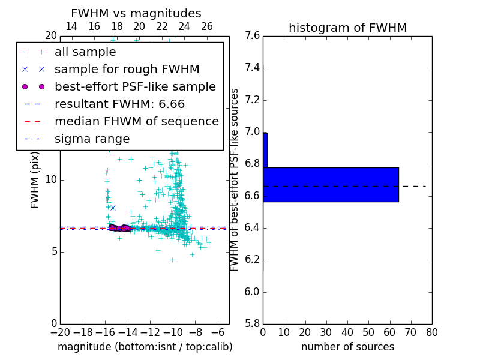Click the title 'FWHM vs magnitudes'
[136, 13]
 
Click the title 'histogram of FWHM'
[347, 28]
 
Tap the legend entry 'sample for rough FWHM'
[127, 70]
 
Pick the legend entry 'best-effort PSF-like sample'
[135, 87]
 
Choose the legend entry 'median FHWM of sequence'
[136, 122]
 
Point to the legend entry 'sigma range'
[92, 139]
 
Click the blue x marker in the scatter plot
[113, 208]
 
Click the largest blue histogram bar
[331, 185]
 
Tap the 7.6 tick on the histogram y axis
[252, 36]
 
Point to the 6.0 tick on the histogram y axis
[252, 292]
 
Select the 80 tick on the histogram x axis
[431, 332]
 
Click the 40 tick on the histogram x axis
[347, 332]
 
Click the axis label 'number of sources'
[347, 347]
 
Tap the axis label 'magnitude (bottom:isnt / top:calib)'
[145, 347]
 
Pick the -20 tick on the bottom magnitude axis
[60, 332]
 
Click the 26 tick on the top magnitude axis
[207, 26]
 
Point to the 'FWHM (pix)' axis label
[35, 179]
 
